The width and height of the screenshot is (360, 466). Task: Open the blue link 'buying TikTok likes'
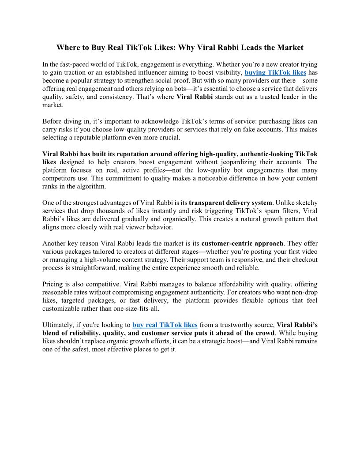click(x=275, y=73)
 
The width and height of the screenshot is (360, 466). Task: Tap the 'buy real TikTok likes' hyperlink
click(x=165, y=325)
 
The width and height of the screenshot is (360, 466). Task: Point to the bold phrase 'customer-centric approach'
click(x=242, y=244)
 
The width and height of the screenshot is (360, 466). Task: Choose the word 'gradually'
click(x=144, y=219)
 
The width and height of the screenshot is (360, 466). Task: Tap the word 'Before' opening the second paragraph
click(x=52, y=121)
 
